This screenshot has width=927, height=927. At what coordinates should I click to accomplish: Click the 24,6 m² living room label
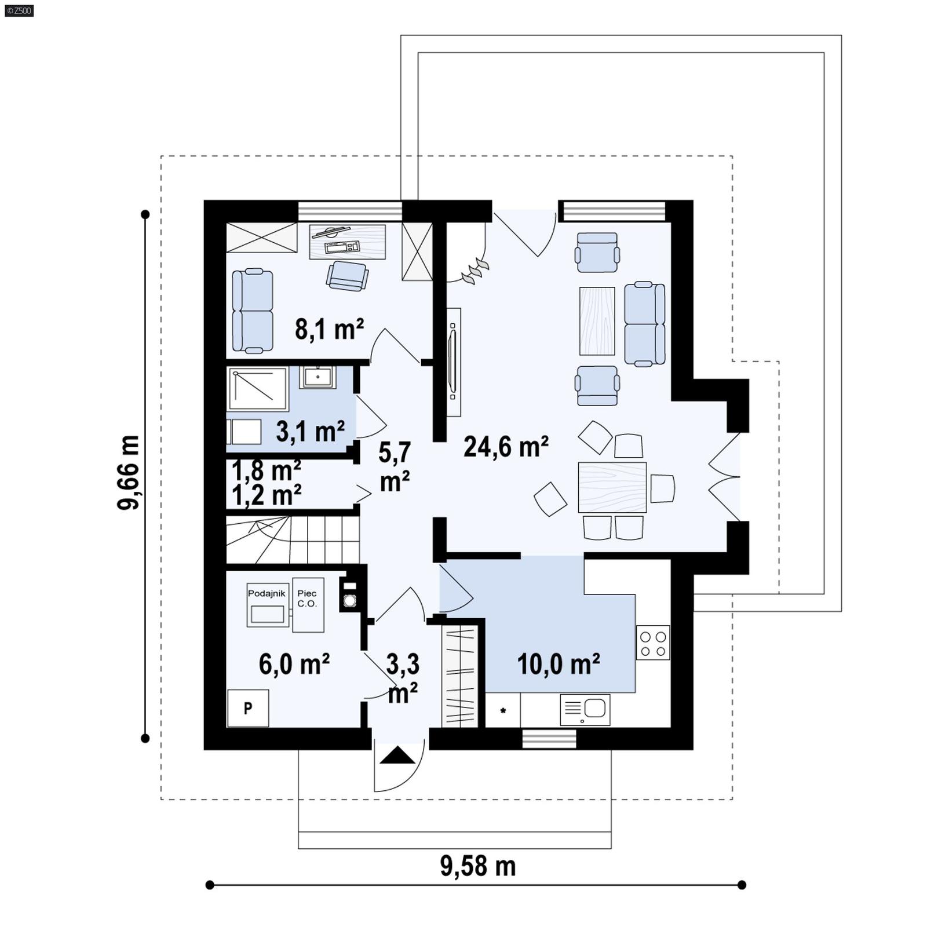point(506,447)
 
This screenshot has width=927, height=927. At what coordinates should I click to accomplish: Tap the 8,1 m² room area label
point(329,329)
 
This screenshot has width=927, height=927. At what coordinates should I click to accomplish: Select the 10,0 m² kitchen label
point(558,664)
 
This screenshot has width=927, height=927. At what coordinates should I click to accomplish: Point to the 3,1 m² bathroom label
point(310,431)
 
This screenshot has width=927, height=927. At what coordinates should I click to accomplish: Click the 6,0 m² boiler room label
point(294,664)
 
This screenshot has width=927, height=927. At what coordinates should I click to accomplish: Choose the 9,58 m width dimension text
point(477,866)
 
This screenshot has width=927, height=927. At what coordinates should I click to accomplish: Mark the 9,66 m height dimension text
point(129,472)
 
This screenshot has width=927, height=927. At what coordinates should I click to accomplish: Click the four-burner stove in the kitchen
point(653,643)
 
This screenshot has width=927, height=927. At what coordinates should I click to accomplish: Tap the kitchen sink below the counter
point(585,710)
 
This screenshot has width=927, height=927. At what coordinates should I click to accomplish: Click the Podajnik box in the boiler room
point(267,605)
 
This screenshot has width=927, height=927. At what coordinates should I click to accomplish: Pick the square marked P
point(248,708)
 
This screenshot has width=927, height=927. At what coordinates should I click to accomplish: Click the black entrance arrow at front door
point(397,756)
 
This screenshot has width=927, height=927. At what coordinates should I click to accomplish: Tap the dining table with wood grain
point(612,487)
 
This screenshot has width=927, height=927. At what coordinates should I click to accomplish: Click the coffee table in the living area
point(597,320)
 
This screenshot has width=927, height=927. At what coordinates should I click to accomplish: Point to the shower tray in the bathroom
point(257,388)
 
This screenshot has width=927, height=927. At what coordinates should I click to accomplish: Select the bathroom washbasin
point(317,378)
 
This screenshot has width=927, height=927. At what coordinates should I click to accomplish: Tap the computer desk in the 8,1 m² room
point(348,242)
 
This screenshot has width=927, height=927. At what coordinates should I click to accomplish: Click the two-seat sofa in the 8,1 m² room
point(252,311)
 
